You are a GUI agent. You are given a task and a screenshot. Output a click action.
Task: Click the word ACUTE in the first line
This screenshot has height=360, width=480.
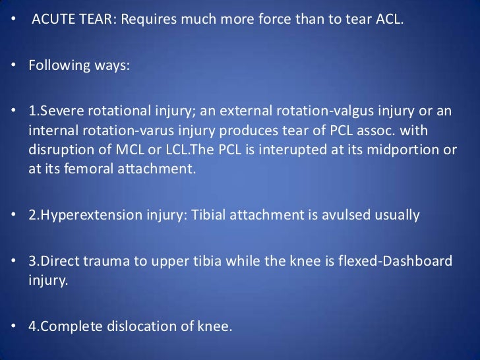(x=54, y=16)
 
